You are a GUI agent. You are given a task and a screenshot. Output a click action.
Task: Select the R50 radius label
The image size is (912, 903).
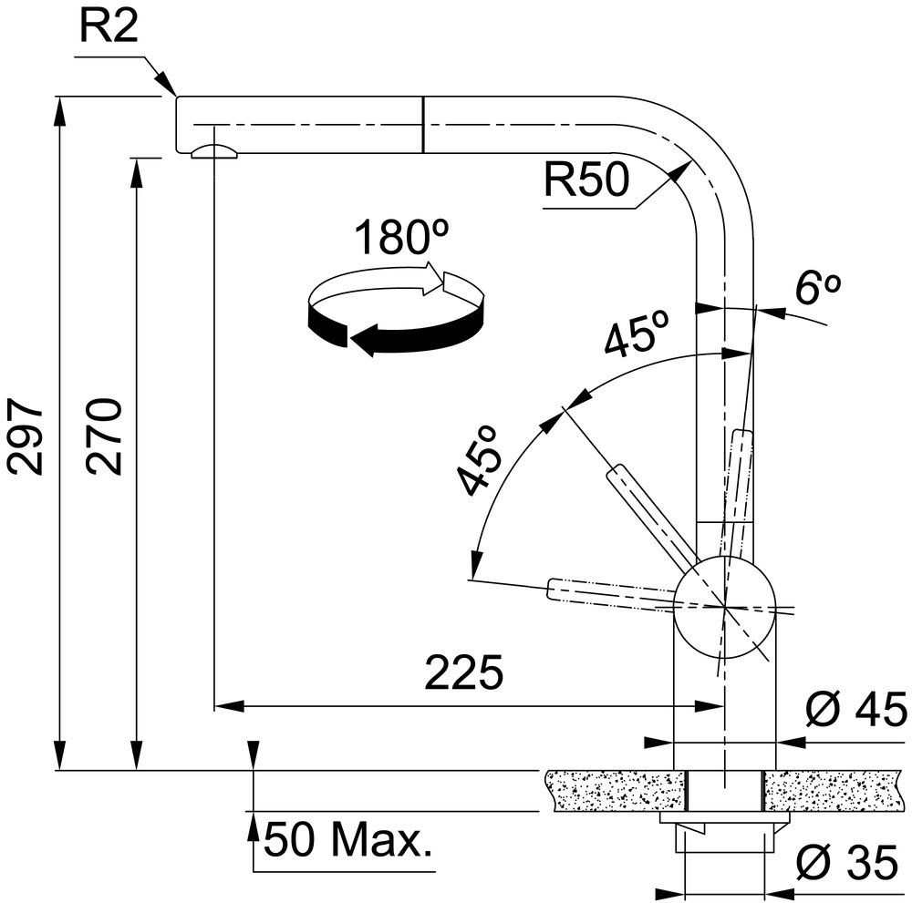(x=586, y=179)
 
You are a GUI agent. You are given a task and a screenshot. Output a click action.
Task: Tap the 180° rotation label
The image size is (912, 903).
(x=401, y=237)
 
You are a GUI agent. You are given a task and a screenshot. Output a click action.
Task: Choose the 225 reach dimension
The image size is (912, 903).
(x=463, y=672)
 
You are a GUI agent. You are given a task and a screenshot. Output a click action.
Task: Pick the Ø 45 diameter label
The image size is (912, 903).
(x=856, y=709)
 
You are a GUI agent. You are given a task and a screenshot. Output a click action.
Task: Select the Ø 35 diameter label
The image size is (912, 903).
(x=847, y=862)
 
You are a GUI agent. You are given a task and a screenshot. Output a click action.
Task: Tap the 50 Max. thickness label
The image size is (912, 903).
(x=348, y=840)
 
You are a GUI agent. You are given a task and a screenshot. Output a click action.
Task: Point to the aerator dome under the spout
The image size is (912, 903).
(x=214, y=151)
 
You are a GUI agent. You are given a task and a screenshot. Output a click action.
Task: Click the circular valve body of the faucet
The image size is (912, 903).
(x=724, y=607)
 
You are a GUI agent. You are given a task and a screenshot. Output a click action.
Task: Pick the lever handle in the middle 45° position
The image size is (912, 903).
(x=651, y=514)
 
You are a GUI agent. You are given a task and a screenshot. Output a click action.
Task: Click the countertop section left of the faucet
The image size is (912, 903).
(x=616, y=790)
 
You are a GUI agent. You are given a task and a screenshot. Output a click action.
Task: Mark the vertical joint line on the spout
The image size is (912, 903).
(x=423, y=124)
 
